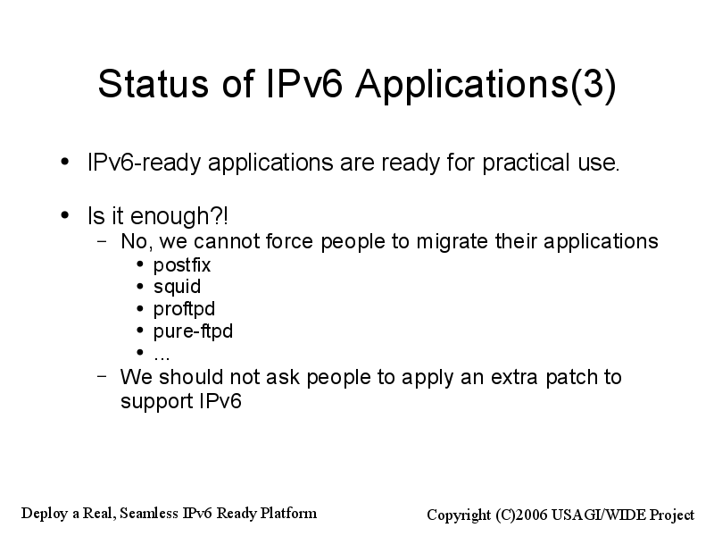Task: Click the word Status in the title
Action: click(x=153, y=83)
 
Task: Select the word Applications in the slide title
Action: click(x=462, y=85)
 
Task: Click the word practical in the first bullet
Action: click(x=526, y=163)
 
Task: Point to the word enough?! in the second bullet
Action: click(x=179, y=215)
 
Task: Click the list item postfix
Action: click(x=182, y=265)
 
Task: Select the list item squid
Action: click(x=177, y=287)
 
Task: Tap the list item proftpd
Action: click(x=184, y=309)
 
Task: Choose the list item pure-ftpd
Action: click(x=193, y=331)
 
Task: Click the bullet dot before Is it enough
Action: click(x=65, y=214)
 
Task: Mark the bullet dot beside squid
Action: click(x=140, y=286)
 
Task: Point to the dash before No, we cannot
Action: click(x=103, y=240)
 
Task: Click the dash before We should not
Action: click(x=103, y=376)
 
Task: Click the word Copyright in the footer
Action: click(x=459, y=515)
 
